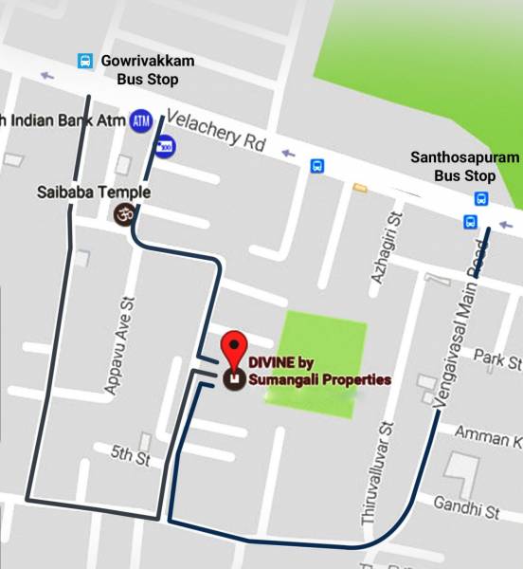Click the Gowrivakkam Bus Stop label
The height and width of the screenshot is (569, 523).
tap(147, 70)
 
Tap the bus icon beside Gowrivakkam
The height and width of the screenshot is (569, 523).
tap(85, 62)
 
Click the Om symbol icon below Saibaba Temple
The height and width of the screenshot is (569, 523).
tap(121, 216)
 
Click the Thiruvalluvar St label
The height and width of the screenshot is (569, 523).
tap(372, 474)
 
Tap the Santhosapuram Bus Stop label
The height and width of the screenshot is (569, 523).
tap(464, 165)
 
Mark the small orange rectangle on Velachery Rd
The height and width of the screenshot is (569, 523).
tap(360, 188)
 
